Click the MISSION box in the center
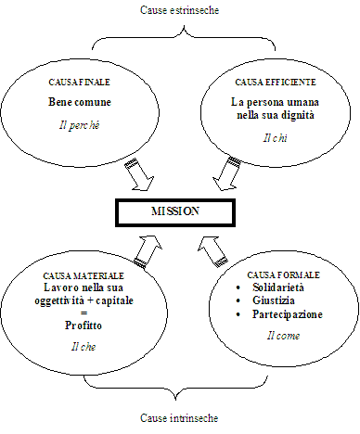(x=175, y=212)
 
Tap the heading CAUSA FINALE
(x=79, y=83)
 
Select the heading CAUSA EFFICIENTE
(x=276, y=83)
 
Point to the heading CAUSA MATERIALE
(x=84, y=275)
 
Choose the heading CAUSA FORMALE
(x=283, y=274)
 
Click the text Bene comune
(x=80, y=102)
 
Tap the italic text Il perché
(x=80, y=125)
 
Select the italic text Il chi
(x=275, y=138)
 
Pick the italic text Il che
(x=84, y=347)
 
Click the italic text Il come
(x=283, y=336)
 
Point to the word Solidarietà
(x=278, y=287)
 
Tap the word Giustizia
(x=274, y=300)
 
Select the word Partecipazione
(x=288, y=314)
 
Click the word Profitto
(x=84, y=325)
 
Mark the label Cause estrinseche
(x=180, y=10)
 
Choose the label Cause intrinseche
(x=179, y=418)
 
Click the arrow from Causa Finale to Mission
(x=139, y=174)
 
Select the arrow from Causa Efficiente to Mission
(x=226, y=173)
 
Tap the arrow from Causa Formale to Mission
(x=212, y=251)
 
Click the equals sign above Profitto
(x=84, y=313)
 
